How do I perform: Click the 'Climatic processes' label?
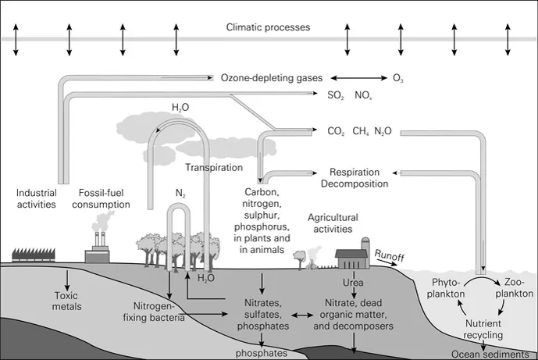pyautogui.click(x=268, y=27)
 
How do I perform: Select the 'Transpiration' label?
pyautogui.click(x=212, y=167)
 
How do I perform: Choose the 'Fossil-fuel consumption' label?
pyautogui.click(x=105, y=198)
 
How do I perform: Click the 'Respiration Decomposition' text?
pyautogui.click(x=355, y=178)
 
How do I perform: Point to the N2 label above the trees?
pyautogui.click(x=180, y=189)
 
